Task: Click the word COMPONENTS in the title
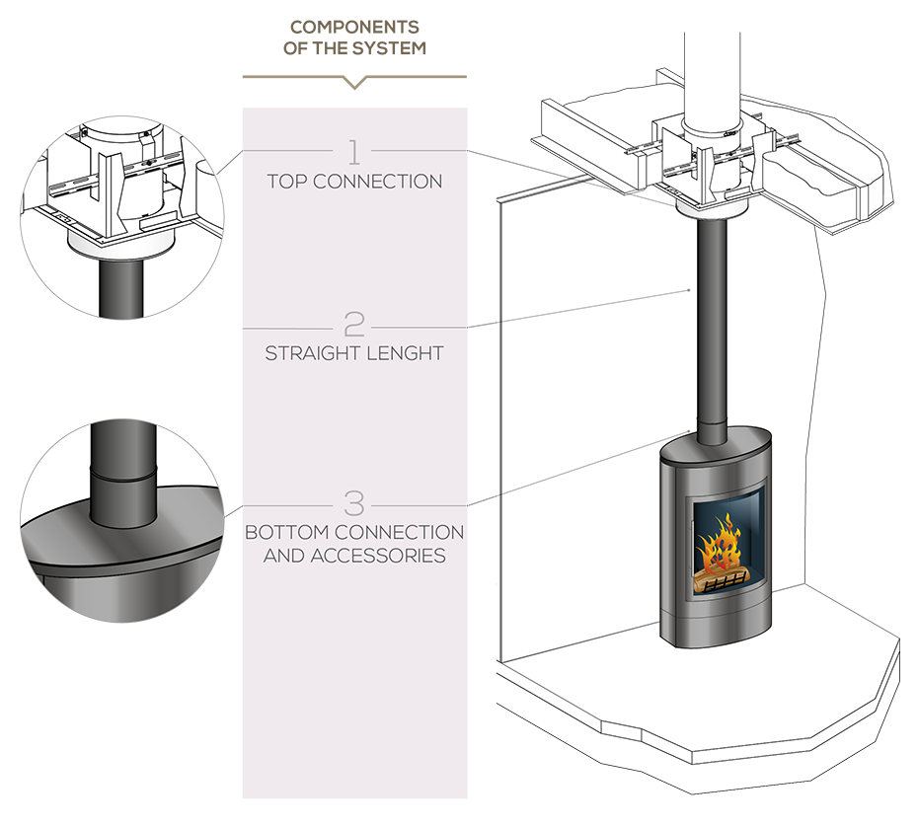[x=354, y=27]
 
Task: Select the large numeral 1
[x=353, y=152]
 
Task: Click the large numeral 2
[x=353, y=324]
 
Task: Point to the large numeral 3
[x=353, y=502]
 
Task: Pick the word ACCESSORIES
[x=378, y=556]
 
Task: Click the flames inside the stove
[x=718, y=542]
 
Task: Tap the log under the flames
[x=722, y=579]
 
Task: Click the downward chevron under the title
[x=354, y=81]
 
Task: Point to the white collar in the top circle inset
[x=121, y=247]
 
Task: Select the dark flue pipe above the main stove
[x=712, y=328]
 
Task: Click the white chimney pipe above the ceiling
[x=712, y=75]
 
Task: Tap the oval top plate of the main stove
[x=717, y=443]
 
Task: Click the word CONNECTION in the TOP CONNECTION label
[x=378, y=182]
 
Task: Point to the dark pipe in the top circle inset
[x=121, y=288]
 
